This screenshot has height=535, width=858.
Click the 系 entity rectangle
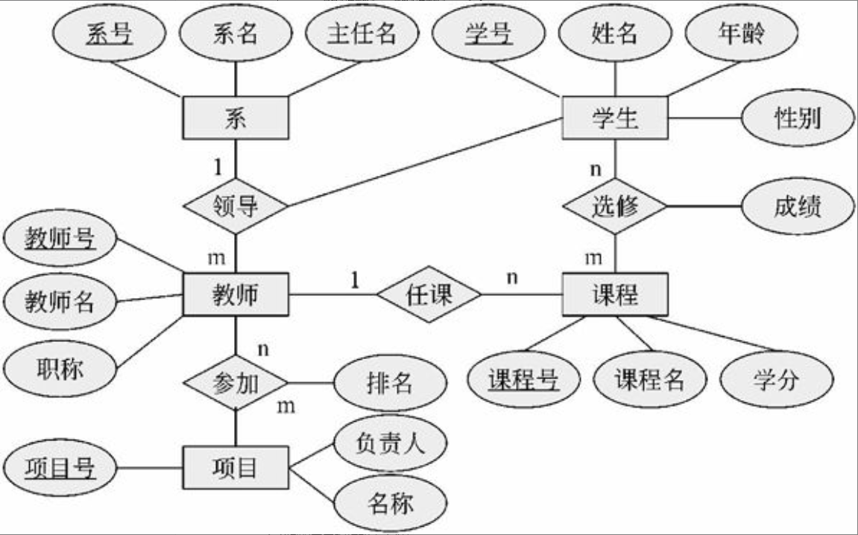coord(235,118)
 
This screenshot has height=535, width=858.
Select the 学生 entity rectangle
coord(615,118)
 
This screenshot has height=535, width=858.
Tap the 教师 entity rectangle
coord(235,295)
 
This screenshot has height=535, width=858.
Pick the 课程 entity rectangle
coord(615,295)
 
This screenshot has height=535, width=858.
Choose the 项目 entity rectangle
coord(235,468)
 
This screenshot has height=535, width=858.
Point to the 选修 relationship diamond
coord(615,206)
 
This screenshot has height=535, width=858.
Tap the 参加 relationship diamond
coord(235,384)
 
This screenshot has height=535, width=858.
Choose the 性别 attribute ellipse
coord(798,118)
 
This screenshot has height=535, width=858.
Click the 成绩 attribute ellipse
coord(798,206)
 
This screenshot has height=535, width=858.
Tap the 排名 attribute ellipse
coord(390,384)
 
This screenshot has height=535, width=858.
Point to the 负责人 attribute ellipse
coord(390,444)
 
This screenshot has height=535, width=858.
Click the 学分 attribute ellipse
coord(776,380)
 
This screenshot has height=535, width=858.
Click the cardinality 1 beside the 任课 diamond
coord(355,280)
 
